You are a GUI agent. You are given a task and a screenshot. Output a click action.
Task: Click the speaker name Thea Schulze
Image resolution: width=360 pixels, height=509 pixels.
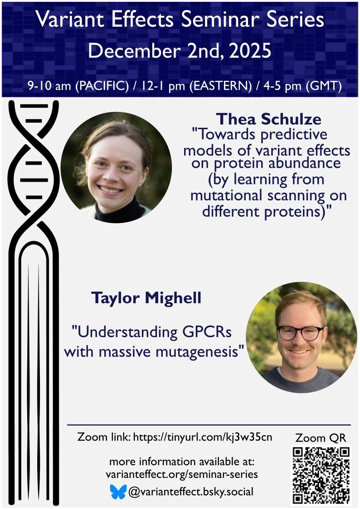(x=268, y=119)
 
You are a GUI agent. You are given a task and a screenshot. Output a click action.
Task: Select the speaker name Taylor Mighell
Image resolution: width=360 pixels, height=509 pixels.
(x=146, y=298)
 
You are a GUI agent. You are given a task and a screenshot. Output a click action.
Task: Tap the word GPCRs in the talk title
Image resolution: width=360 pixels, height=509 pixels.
(x=207, y=332)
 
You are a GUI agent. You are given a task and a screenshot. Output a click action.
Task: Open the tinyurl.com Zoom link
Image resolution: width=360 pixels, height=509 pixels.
(x=203, y=437)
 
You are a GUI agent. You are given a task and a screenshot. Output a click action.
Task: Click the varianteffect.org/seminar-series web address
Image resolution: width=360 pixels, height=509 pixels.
(x=182, y=475)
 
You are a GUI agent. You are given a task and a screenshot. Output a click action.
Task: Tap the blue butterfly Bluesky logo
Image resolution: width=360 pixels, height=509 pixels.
(x=118, y=492)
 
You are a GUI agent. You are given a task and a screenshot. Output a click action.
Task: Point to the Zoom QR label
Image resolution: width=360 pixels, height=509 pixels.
(x=321, y=438)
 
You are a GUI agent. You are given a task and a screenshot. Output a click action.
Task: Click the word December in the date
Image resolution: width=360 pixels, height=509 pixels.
(x=135, y=51)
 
